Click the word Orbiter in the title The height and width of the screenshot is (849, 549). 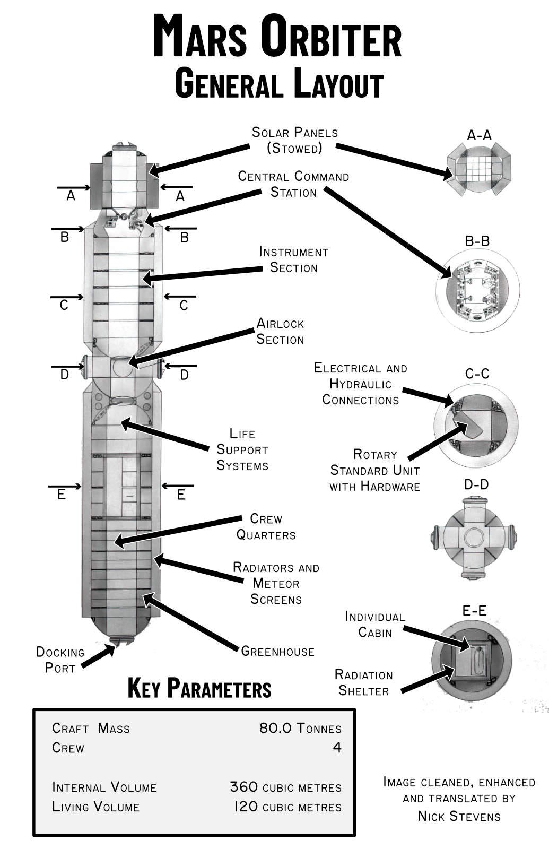(x=332, y=36)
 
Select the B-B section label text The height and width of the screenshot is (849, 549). (x=477, y=241)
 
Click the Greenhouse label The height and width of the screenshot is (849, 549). (x=277, y=651)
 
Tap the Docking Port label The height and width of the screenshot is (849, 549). (x=60, y=660)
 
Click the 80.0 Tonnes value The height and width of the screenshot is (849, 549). (x=300, y=728)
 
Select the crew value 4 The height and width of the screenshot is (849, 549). (x=337, y=748)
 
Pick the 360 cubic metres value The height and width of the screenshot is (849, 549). (x=285, y=787)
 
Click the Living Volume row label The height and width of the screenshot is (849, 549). (x=95, y=807)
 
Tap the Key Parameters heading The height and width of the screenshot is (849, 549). (x=199, y=688)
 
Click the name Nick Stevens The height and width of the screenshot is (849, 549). (x=459, y=816)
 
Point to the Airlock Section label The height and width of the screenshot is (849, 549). (x=280, y=331)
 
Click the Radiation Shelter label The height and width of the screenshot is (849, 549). (x=363, y=683)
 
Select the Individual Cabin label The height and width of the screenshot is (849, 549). (x=374, y=624)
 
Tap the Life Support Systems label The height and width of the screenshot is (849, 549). (x=242, y=449)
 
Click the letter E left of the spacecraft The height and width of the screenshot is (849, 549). (x=62, y=495)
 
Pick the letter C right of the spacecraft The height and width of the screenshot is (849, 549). (x=184, y=306)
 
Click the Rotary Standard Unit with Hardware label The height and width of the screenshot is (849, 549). (x=374, y=470)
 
